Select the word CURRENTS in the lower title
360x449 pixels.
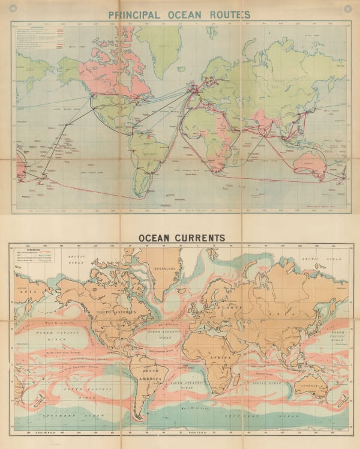199,238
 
